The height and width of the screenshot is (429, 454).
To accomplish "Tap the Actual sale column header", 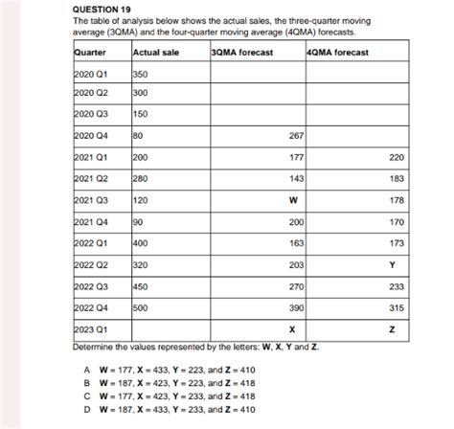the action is [x=155, y=52].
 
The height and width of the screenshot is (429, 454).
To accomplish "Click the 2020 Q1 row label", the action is [x=88, y=74].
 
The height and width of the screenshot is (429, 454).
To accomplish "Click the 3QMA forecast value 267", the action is [x=295, y=136].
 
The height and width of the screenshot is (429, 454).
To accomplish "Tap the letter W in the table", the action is [x=291, y=199].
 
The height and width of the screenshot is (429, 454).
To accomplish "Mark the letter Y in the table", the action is [x=391, y=263].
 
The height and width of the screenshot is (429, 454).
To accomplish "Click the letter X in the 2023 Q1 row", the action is [x=291, y=328].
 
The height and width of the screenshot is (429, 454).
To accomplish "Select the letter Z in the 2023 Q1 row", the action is [x=391, y=328].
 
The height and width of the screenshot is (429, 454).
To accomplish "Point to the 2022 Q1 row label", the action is [x=88, y=242].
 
